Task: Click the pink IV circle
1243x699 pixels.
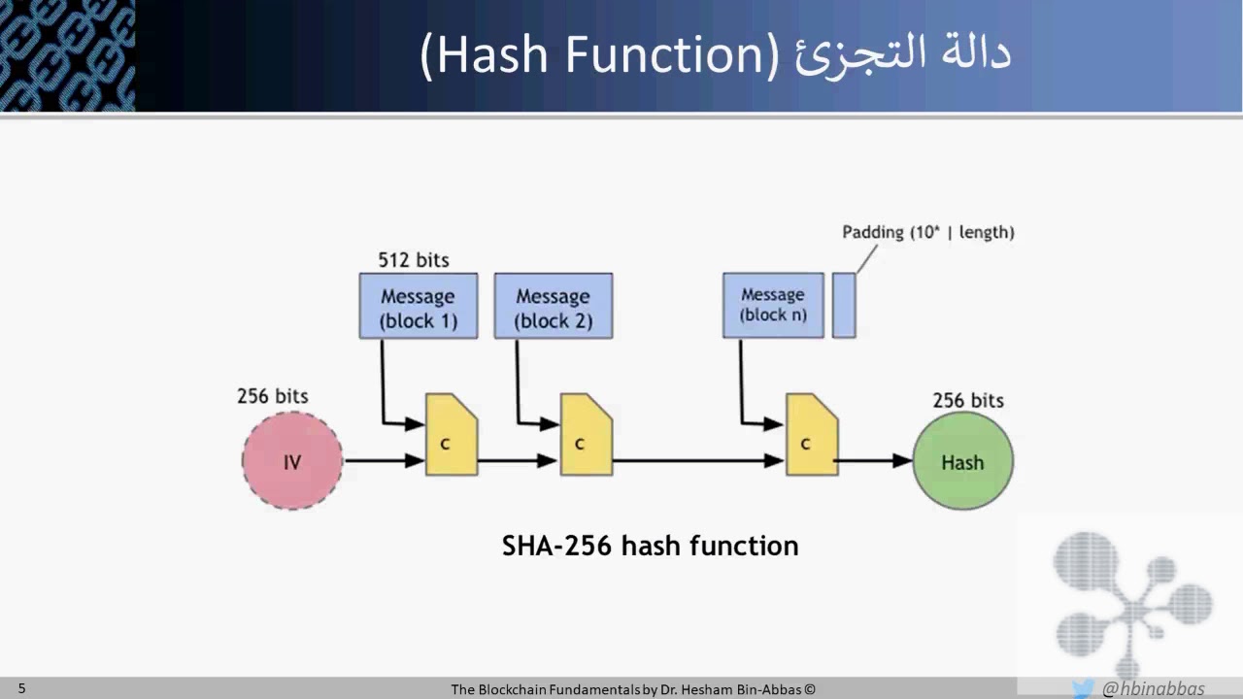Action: (x=292, y=461)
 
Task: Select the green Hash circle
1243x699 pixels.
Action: (x=962, y=461)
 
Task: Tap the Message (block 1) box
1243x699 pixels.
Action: (x=419, y=307)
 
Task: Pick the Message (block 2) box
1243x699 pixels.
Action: (x=554, y=307)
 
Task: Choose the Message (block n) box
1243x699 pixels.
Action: (x=773, y=305)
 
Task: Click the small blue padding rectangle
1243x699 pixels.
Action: (x=844, y=305)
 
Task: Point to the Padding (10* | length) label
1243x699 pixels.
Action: (x=927, y=232)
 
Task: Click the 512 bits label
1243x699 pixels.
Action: (x=414, y=260)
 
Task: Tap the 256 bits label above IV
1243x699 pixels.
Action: (x=273, y=396)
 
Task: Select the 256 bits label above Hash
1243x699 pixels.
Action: (x=968, y=400)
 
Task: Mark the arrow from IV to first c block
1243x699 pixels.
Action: (x=385, y=461)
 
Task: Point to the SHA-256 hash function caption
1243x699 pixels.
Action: (x=650, y=546)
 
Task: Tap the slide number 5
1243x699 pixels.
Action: (x=22, y=689)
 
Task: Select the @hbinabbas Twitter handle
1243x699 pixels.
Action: (x=1153, y=689)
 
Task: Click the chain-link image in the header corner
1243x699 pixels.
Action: (x=67, y=55)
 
